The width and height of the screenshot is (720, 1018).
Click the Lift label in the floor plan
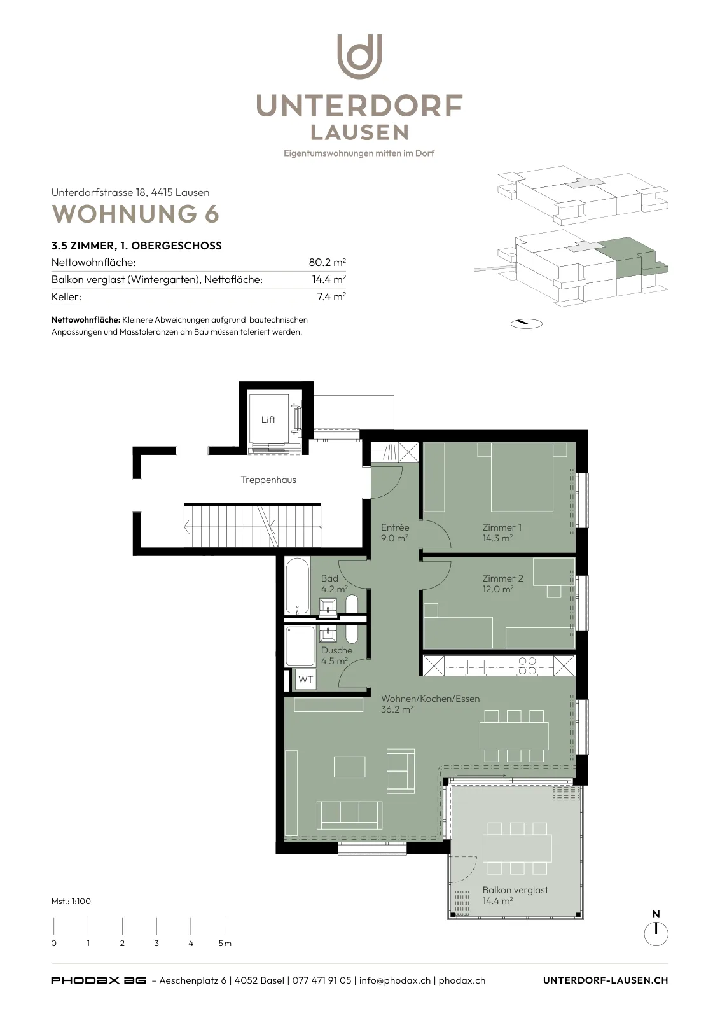[x=268, y=420]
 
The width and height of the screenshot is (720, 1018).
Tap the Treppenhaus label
[x=268, y=480]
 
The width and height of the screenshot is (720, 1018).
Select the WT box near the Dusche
[x=305, y=680]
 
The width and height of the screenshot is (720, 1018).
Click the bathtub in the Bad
[x=297, y=587]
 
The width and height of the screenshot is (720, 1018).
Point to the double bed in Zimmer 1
[x=522, y=477]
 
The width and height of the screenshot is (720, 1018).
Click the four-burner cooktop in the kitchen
[x=527, y=666]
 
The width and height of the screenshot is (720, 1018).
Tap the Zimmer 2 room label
[x=503, y=578]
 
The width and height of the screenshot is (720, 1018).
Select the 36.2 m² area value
[x=397, y=709]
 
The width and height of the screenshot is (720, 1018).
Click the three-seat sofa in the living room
[x=349, y=815]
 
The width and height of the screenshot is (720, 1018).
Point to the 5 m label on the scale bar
[x=225, y=944]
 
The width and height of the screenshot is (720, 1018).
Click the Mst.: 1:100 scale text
[x=71, y=901]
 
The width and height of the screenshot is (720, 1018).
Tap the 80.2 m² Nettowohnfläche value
[x=327, y=262]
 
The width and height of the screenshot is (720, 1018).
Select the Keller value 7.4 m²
[x=331, y=296]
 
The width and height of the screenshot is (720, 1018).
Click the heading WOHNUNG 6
[x=135, y=214]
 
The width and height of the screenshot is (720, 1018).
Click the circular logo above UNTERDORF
[x=360, y=57]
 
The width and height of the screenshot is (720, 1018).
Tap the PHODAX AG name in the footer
[x=99, y=980]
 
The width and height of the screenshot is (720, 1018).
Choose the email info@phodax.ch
[x=395, y=980]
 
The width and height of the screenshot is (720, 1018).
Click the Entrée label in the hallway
[x=395, y=527]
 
